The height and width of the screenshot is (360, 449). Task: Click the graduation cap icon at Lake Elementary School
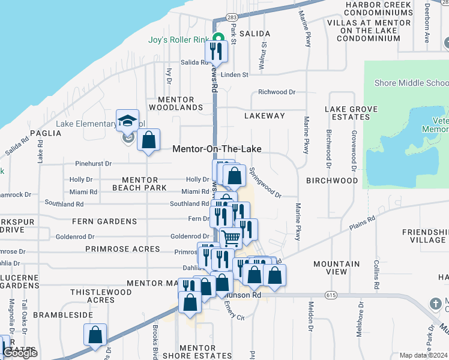[x=128, y=121]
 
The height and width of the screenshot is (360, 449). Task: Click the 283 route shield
[x=232, y=17]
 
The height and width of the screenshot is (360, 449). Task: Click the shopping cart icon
[x=231, y=238]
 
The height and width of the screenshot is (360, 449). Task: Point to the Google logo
[x=20, y=353]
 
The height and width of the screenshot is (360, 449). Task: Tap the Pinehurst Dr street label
[x=94, y=163]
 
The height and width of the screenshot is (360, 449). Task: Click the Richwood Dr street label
[x=277, y=92]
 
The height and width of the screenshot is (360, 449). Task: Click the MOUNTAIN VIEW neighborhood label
[x=337, y=268]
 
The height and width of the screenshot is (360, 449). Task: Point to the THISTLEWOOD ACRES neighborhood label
[x=92, y=296]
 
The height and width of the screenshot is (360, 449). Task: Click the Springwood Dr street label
[x=265, y=182]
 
